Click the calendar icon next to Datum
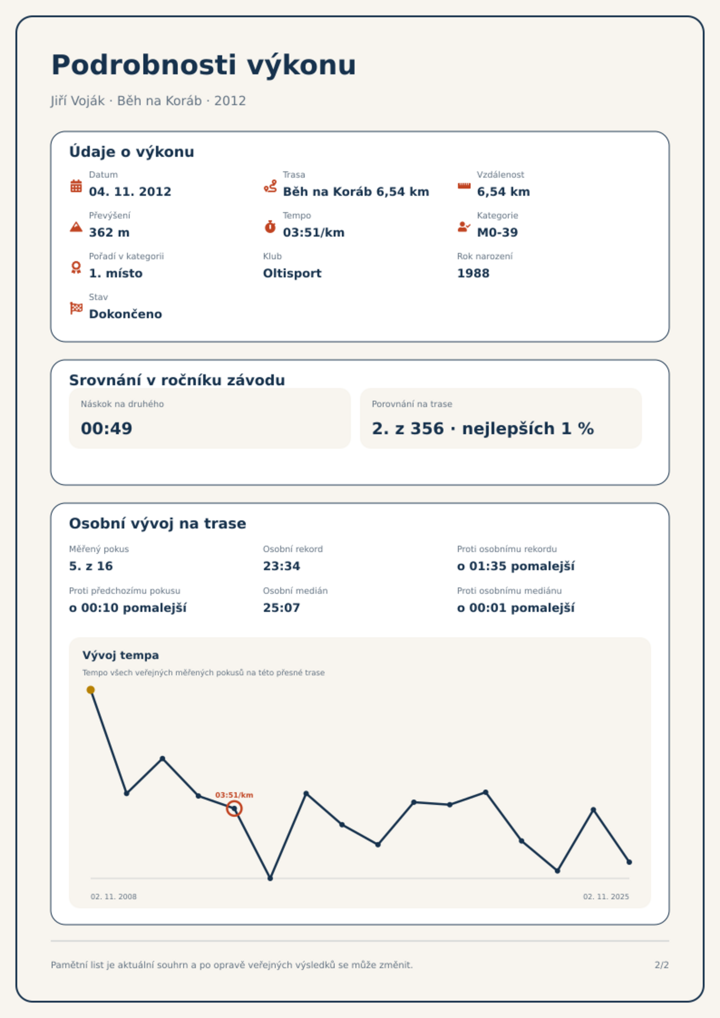click(76, 186)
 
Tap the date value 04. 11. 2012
click(130, 192)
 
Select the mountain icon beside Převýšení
click(76, 227)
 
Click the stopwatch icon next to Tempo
click(270, 227)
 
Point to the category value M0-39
click(497, 233)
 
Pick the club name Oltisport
click(292, 273)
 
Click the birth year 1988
click(473, 273)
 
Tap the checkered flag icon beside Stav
click(76, 308)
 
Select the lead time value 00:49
click(107, 428)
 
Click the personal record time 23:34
click(282, 566)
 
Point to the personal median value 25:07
click(282, 608)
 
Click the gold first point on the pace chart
click(91, 690)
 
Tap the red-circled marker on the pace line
click(234, 808)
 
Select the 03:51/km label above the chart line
click(234, 795)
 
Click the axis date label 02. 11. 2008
click(113, 897)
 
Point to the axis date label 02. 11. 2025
click(606, 897)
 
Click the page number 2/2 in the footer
click(662, 965)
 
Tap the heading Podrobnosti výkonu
click(204, 65)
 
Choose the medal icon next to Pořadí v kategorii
click(76, 267)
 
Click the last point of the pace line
click(629, 862)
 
